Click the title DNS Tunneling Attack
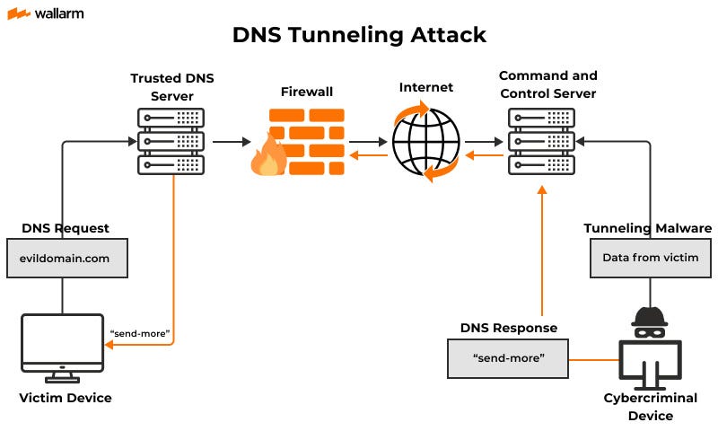pos(359,35)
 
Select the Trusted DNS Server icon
pos(171,141)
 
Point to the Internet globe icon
pos(426,142)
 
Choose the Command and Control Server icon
pos(542,141)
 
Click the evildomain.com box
pos(67,259)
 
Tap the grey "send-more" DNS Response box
pos(509,358)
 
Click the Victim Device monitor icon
pos(62,342)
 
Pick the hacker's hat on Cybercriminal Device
pos(650,316)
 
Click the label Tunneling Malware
pos(648,228)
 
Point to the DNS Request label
pos(66,228)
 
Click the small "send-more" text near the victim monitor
pos(139,332)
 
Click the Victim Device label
pos(66,397)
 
